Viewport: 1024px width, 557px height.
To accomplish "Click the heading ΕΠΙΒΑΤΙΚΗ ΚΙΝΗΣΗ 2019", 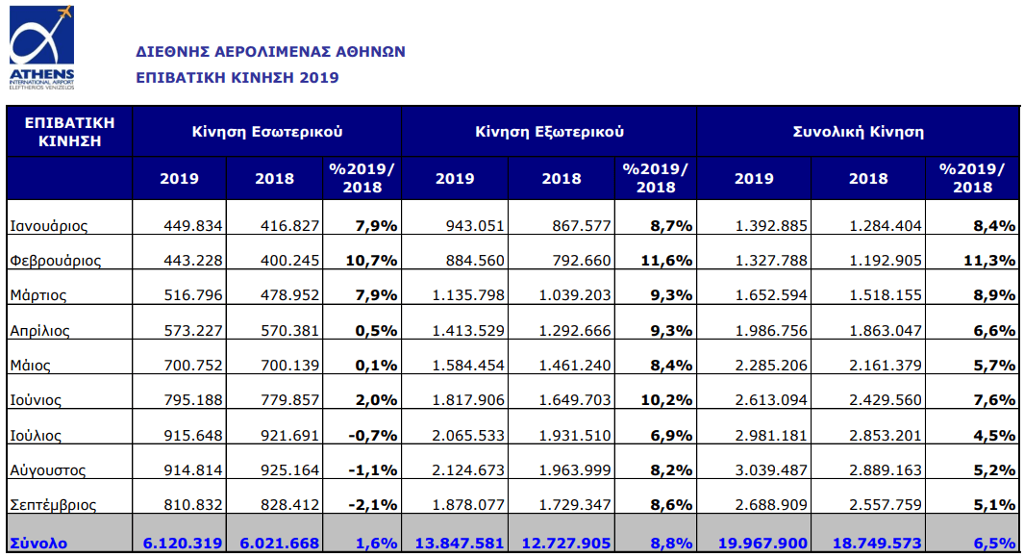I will point(237,77).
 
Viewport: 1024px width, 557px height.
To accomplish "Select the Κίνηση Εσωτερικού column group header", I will point(266,131).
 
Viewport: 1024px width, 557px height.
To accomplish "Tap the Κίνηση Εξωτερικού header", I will point(549,131).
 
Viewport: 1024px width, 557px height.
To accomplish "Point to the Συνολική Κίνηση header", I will point(858,131).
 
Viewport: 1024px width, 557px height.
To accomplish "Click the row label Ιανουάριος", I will point(48,226).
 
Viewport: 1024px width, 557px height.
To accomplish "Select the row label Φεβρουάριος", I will point(55,261).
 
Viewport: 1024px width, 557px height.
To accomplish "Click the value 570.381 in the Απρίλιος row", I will point(289,330).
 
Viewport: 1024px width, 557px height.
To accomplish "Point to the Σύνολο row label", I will point(38,543).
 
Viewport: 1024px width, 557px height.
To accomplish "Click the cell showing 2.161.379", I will point(885,366).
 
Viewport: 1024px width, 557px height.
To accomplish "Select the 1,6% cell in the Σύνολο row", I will point(377,543).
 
